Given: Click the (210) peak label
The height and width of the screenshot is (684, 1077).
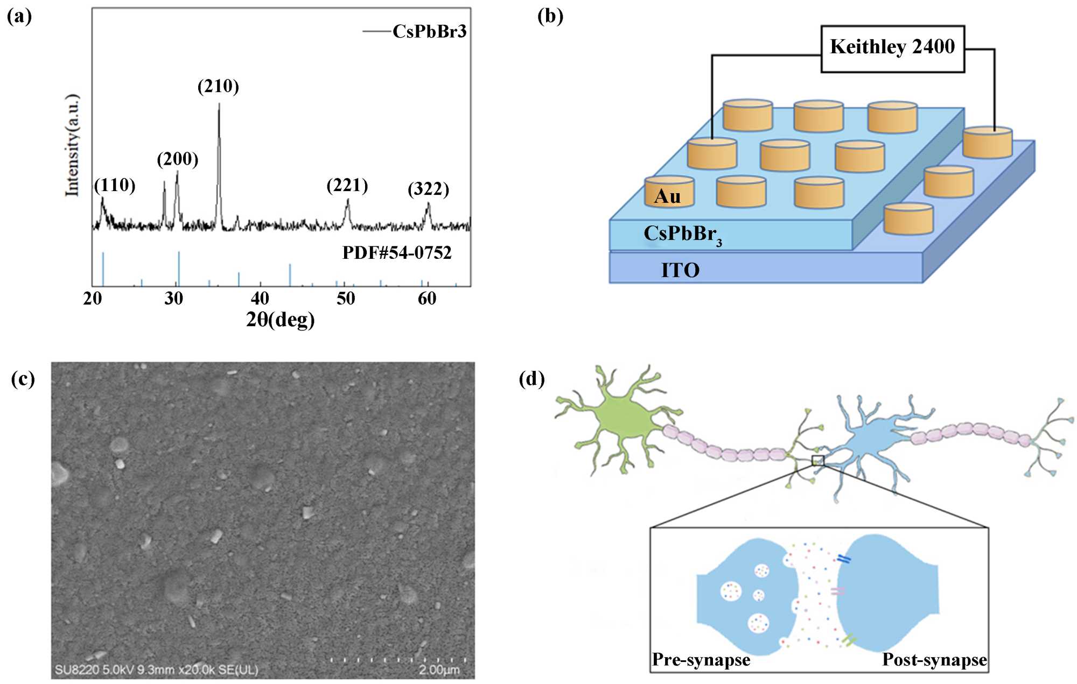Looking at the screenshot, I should [x=218, y=86].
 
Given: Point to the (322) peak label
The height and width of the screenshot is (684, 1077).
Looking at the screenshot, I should [x=428, y=189].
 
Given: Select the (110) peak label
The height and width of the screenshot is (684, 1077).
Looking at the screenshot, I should [x=115, y=185].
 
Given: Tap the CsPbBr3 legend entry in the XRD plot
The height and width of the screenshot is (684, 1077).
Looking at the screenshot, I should [x=429, y=31].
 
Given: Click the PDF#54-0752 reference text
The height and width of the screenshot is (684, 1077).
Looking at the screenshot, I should [x=397, y=252].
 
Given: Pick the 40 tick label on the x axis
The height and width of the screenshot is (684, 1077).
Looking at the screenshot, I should [x=260, y=298].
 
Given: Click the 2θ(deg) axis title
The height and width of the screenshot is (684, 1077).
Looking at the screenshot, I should [x=280, y=319].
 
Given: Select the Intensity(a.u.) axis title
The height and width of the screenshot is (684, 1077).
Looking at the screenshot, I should [x=72, y=145].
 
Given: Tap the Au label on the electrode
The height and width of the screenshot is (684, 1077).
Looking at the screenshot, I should [x=667, y=196].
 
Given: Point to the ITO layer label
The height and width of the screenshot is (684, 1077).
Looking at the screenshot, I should [x=680, y=270].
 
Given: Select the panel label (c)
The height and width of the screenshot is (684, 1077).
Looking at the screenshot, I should [x=23, y=379].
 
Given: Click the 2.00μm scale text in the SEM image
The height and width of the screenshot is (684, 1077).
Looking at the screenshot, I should [x=439, y=669].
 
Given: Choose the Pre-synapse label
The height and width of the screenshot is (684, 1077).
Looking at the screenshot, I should [x=701, y=660].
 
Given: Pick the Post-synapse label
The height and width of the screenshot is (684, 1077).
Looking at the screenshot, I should [x=934, y=660].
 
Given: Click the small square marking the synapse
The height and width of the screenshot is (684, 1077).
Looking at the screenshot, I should [x=817, y=460].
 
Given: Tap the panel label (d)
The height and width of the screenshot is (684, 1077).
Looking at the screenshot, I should [x=531, y=379].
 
